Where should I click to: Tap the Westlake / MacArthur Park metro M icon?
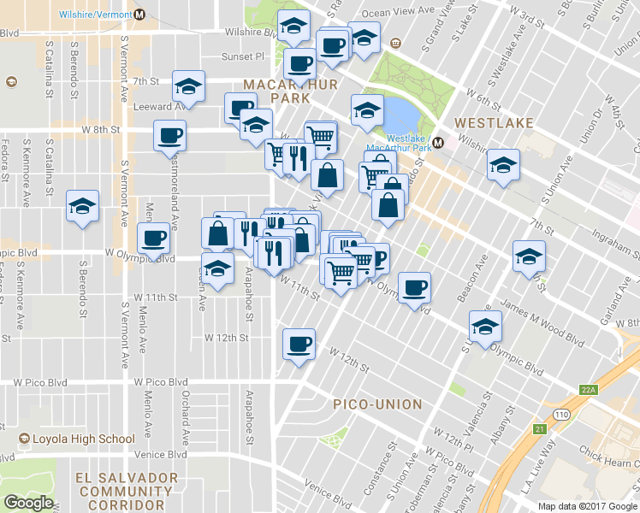tap(438, 143)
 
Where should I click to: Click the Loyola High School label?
tap(78, 439)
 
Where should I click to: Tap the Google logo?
tap(29, 503)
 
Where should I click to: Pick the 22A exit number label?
tap(587, 391)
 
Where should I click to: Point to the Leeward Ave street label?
tap(160, 107)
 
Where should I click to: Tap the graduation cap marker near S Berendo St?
tap(82, 206)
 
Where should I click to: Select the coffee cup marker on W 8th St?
tap(169, 135)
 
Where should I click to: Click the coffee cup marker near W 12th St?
tap(299, 344)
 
